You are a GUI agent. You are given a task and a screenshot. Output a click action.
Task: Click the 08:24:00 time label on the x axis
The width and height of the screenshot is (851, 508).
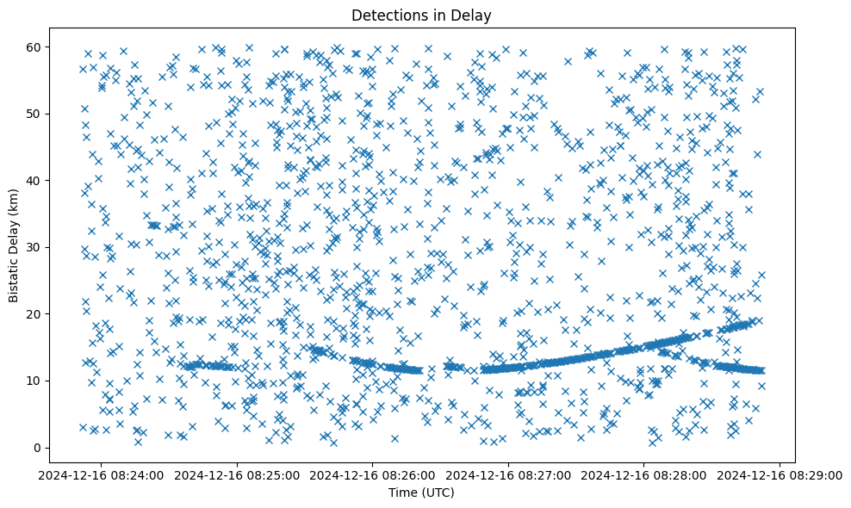click(100, 474)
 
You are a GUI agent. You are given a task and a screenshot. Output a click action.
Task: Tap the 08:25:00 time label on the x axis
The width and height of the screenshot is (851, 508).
click(236, 474)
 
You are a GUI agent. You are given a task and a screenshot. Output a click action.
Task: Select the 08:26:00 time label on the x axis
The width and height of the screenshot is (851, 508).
click(372, 474)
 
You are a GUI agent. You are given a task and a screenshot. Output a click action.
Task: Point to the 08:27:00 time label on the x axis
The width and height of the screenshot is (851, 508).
click(508, 474)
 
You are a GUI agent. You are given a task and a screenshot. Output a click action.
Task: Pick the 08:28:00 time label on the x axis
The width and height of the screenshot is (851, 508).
click(644, 474)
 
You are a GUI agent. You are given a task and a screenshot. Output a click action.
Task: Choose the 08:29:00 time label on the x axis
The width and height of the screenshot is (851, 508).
click(780, 474)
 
